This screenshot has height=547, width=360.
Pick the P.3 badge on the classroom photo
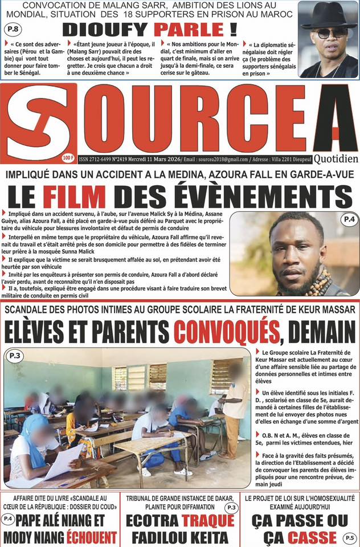tap(14, 356)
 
